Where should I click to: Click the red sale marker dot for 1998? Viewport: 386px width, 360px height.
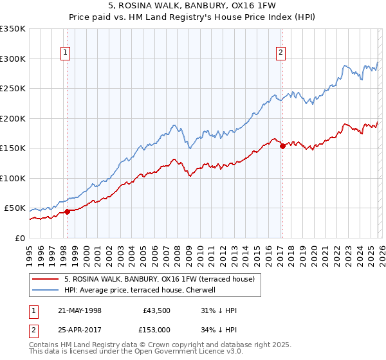tap(68, 212)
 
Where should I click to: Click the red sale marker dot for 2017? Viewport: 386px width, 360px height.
tap(282, 146)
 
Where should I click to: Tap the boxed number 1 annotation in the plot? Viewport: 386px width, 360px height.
tap(66, 53)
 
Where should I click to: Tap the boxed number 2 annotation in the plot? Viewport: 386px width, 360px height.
tap(281, 53)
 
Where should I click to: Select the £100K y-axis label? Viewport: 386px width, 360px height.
tap(13, 178)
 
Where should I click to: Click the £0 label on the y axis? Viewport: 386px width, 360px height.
tap(19, 238)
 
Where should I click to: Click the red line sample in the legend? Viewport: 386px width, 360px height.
tap(46, 279)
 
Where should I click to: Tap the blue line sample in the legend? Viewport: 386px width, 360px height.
tap(46, 290)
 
